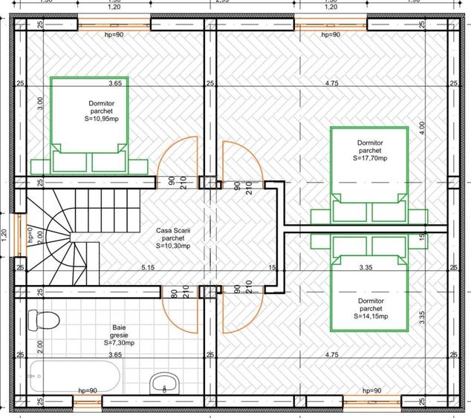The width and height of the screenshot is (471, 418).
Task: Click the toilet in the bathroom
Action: coord(43,321)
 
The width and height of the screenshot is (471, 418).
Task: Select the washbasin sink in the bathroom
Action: coord(164,384)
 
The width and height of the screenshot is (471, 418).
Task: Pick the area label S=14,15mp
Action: coord(369,317)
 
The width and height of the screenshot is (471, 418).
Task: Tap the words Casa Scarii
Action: coord(173,230)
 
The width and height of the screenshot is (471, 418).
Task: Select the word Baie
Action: coord(119,327)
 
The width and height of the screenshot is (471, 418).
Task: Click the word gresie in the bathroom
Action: coord(119,335)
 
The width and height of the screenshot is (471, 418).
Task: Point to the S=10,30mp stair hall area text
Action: coord(173,246)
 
